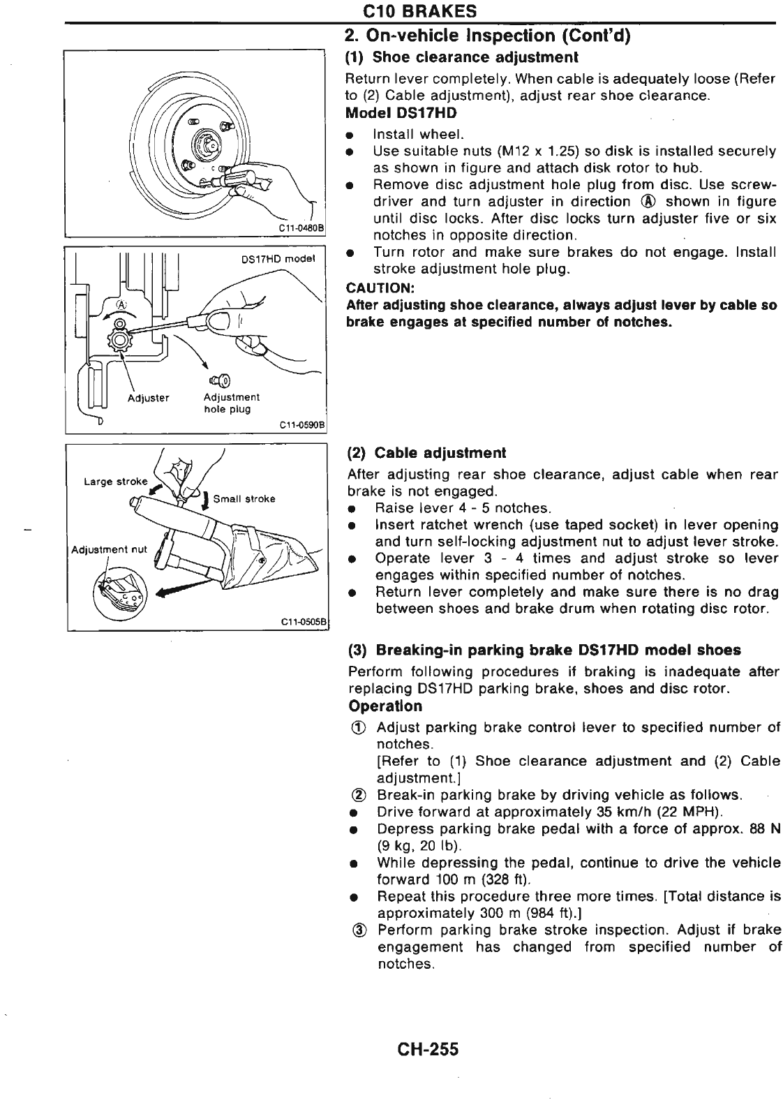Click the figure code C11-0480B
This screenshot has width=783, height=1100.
(297, 228)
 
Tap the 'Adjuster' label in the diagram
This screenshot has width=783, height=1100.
(148, 398)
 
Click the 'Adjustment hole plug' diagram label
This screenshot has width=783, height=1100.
(231, 403)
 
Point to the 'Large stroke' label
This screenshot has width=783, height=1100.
(115, 481)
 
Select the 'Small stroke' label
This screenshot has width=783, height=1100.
(244, 499)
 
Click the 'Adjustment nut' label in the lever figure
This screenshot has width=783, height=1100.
(110, 549)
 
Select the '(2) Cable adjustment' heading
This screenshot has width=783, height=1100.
(426, 452)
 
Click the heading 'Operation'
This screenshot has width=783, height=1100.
(385, 706)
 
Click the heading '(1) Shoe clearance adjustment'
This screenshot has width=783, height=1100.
(463, 57)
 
